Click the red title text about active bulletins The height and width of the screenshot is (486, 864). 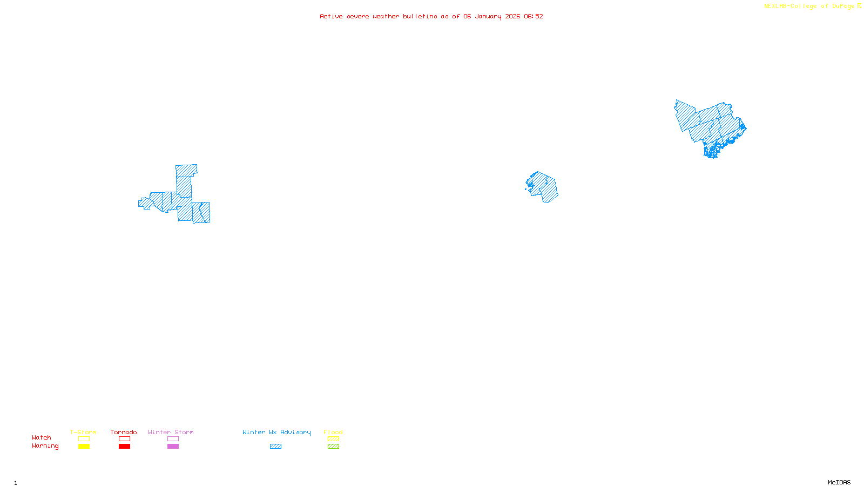431,16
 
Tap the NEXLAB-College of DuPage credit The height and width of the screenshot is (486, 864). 812,6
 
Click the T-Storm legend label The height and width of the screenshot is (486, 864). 83,432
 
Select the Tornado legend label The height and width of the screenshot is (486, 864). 124,432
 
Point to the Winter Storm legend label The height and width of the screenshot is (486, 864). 171,432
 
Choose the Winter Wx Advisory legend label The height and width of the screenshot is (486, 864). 276,432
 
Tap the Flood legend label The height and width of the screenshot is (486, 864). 333,432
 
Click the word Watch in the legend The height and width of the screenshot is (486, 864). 42,437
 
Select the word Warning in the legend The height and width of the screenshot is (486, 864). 45,446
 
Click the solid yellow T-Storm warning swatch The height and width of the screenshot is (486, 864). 84,447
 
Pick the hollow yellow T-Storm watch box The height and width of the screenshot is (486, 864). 84,439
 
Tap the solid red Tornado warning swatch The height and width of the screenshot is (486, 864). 124,447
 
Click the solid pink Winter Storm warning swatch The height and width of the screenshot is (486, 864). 173,447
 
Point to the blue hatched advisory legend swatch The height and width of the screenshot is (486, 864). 275,447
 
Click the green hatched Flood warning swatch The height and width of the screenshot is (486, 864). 333,447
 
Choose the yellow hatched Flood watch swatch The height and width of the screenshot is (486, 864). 333,439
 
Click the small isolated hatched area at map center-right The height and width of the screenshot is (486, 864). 543,187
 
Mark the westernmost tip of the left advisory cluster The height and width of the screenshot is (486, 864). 139,204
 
